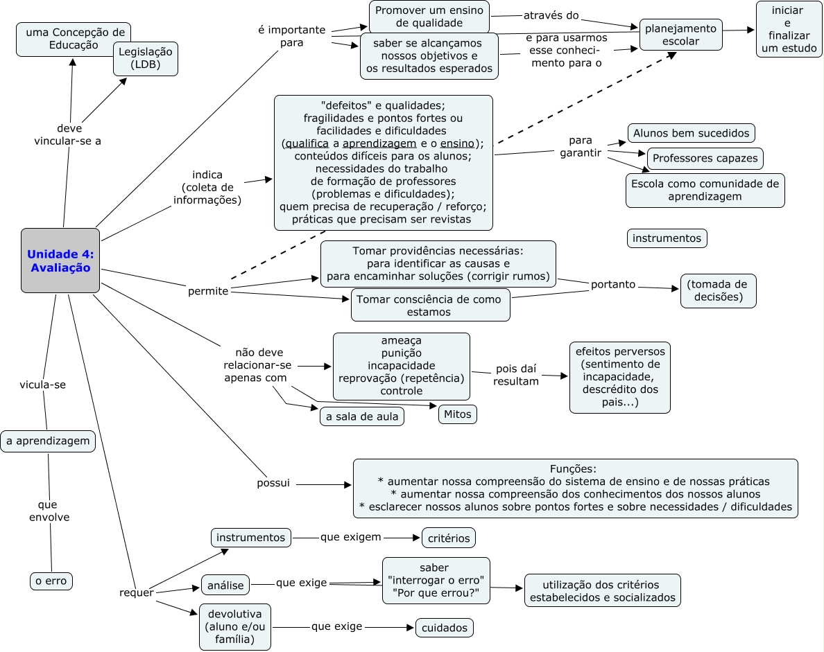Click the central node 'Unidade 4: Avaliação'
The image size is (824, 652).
click(60, 261)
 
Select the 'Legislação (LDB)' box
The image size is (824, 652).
click(146, 59)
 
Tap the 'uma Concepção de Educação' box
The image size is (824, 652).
click(74, 39)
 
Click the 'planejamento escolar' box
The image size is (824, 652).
click(680, 35)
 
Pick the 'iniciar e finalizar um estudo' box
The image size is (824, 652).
click(789, 29)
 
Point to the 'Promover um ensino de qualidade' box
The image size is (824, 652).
click(429, 17)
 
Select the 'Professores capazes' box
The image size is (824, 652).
click(705, 158)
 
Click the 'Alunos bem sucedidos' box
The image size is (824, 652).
click(691, 132)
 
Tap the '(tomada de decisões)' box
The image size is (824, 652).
click(718, 291)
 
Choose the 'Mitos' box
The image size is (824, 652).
click(457, 414)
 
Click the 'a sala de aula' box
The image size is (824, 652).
click(362, 416)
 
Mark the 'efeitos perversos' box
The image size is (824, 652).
click(619, 377)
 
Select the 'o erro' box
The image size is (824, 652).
click(51, 581)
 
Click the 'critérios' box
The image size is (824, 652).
click(449, 538)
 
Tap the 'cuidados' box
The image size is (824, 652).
click(444, 628)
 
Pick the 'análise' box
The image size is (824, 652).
click(225, 585)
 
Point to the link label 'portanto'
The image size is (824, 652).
click(613, 284)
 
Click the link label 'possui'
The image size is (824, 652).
click(273, 483)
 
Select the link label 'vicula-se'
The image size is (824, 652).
click(43, 385)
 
